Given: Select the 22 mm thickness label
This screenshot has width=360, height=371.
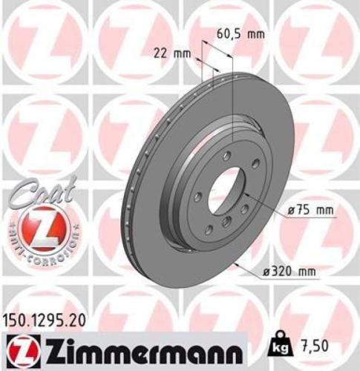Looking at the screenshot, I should coord(177,53).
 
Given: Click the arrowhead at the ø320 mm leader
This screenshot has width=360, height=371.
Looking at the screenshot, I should coord(236,264).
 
